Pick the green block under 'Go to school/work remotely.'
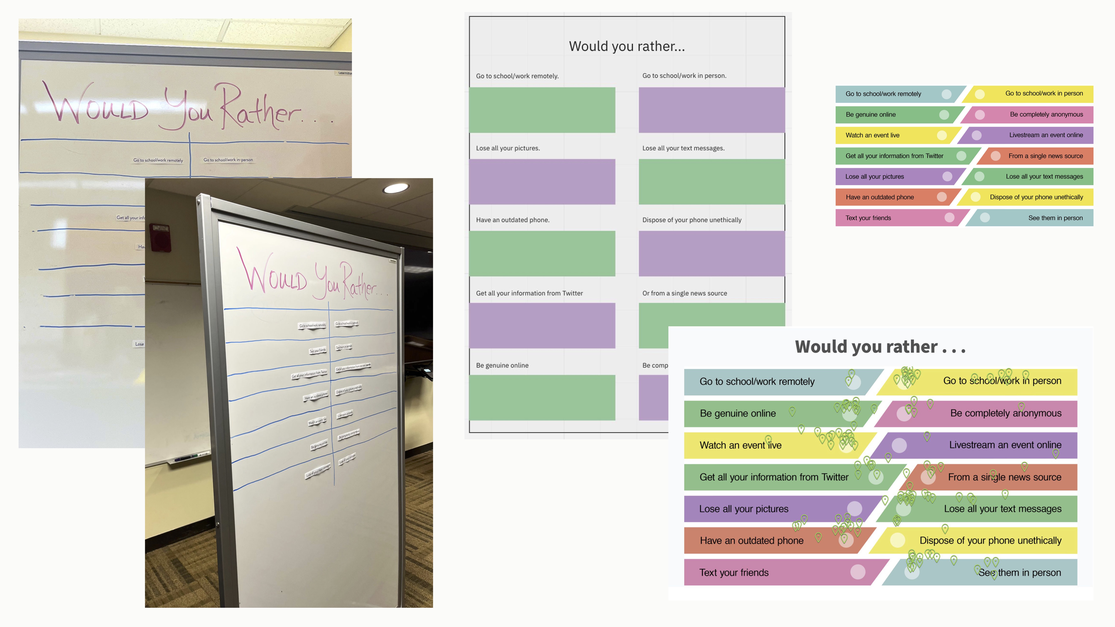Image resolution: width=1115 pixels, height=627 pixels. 542,110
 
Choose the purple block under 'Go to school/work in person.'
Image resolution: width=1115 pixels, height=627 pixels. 712,110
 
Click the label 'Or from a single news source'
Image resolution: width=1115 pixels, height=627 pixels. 684,293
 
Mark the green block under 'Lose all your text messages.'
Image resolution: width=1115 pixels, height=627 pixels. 712,182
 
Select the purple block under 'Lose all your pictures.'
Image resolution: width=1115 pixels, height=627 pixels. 542,182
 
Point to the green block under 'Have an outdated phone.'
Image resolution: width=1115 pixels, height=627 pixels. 542,254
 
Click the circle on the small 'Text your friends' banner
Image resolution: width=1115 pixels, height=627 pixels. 949,218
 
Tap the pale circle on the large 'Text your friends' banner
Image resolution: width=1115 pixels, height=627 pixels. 857,572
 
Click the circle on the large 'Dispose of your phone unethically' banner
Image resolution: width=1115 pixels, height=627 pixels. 897,540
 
